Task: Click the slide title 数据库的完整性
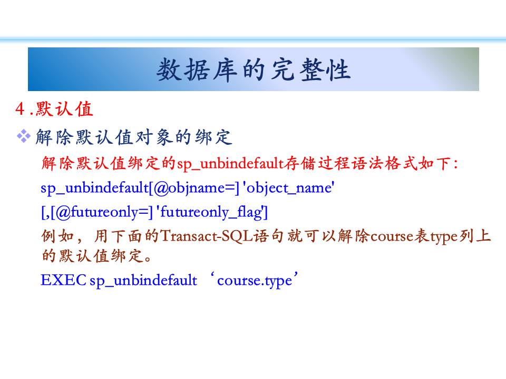254,69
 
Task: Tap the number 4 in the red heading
20,108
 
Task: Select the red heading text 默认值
64,108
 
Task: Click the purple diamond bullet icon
24,136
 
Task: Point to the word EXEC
63,280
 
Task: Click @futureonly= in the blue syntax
102,212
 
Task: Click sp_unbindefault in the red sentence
230,163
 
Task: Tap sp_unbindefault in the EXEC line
143,280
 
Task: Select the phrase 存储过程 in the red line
317,163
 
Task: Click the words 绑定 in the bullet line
213,137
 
